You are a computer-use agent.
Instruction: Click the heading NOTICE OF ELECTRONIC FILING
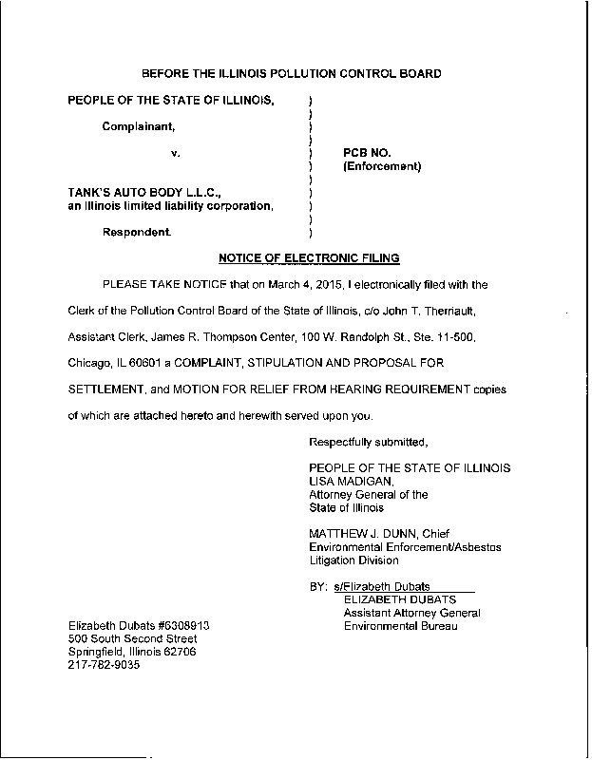309,258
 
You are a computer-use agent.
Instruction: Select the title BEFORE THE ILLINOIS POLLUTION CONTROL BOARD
291,74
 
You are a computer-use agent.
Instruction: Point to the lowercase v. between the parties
175,152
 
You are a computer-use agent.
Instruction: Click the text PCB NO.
367,152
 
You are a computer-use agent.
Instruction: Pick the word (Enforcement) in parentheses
381,167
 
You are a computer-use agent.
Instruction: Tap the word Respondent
138,232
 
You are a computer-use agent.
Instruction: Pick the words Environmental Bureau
403,626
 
